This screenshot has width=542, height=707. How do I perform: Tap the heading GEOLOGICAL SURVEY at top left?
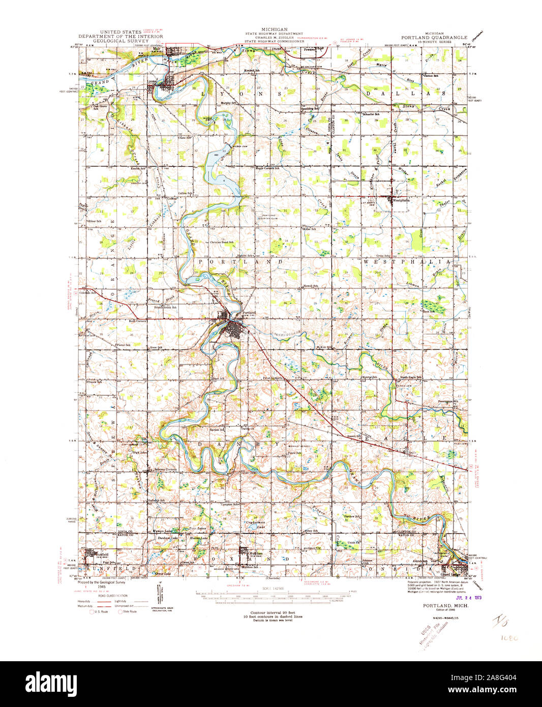[x=121, y=41]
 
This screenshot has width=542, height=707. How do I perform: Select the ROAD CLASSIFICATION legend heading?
[x=111, y=596]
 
